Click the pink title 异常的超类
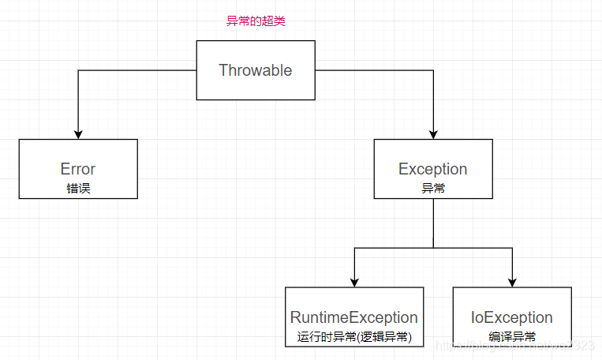click(x=256, y=21)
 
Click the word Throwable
click(x=255, y=70)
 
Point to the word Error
click(x=77, y=169)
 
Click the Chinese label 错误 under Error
click(x=77, y=188)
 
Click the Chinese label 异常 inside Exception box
click(x=432, y=188)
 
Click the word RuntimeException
click(x=353, y=317)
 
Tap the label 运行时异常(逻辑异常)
click(x=353, y=337)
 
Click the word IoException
click(x=511, y=317)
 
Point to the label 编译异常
click(x=511, y=337)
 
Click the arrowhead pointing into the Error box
click(x=77, y=133)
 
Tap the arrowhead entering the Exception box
click(x=432, y=133)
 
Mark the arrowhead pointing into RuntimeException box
click(x=353, y=281)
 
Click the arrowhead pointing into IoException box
click(x=511, y=281)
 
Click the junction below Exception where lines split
click(x=432, y=248)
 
